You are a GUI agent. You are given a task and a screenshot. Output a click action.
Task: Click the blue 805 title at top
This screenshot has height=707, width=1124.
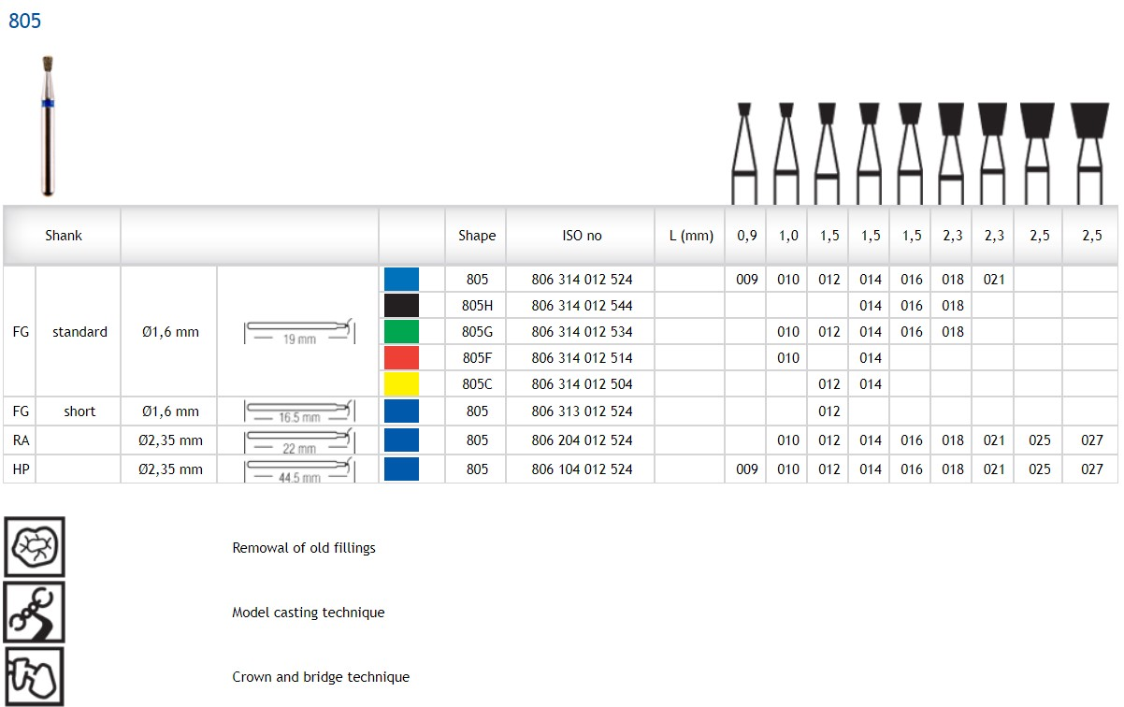24,21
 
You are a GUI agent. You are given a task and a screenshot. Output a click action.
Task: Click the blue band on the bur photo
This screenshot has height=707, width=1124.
48,104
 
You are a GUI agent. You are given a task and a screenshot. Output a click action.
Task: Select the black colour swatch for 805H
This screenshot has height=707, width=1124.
401,306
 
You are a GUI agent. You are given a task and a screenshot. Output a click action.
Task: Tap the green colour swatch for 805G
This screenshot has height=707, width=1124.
401,332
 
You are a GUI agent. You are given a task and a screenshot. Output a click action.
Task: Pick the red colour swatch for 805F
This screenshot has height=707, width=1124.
401,358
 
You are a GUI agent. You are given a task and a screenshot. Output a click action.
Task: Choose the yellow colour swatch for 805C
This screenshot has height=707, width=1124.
401,383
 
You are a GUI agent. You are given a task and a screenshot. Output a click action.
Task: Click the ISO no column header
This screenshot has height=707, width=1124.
582,236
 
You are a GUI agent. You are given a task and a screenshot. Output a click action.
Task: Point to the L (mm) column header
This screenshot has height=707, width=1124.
691,236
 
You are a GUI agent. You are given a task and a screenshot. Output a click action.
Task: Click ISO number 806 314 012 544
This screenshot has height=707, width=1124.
582,306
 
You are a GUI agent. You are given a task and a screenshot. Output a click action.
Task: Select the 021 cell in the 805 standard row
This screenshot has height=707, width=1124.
993,280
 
